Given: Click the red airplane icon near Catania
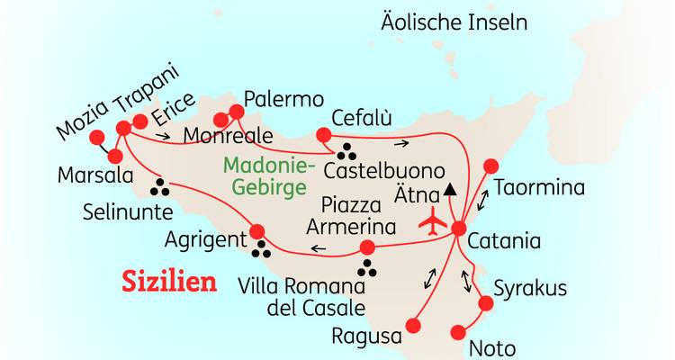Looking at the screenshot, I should point(434,220).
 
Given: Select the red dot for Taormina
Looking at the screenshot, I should point(490,166).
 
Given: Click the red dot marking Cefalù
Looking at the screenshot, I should point(323,136).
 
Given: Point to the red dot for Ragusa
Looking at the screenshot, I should point(414,323).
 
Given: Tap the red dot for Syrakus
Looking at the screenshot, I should point(487,304).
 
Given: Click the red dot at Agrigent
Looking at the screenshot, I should point(257,230).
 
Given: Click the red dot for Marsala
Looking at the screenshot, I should point(114,155).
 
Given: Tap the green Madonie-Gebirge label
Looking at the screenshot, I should point(267,176).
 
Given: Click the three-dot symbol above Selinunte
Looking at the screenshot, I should point(160,186).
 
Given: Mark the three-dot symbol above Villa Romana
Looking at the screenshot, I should point(367,267).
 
